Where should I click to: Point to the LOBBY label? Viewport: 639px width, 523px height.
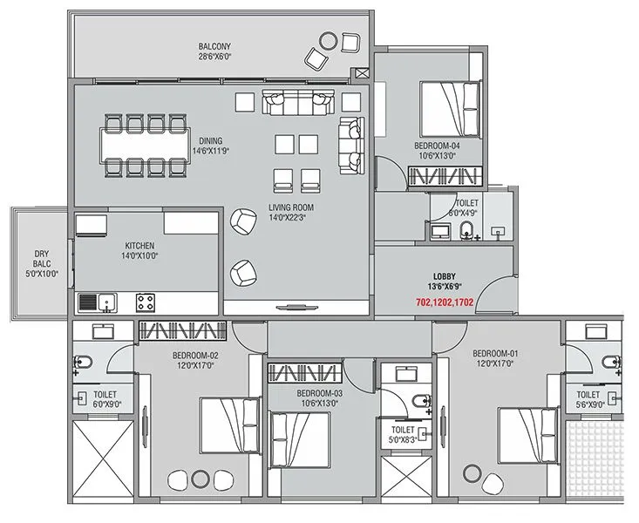click(x=444, y=276)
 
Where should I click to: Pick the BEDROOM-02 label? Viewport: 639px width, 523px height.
click(x=194, y=355)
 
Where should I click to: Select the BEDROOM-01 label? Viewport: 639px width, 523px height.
click(x=495, y=353)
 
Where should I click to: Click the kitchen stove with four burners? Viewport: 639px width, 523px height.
click(x=146, y=302)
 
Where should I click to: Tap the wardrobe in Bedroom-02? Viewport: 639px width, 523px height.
click(x=184, y=331)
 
